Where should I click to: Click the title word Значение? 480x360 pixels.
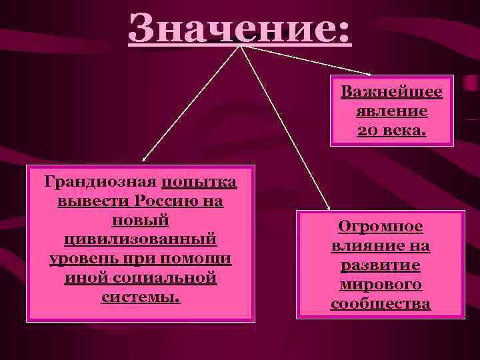[x=239, y=28]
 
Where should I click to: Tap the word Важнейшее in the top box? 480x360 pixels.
[x=391, y=92]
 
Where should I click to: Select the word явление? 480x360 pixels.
[x=391, y=111]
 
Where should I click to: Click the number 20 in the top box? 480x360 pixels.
[x=369, y=130]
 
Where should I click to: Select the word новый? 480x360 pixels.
[x=140, y=220]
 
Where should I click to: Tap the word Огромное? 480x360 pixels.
[x=380, y=227]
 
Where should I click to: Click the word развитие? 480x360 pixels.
[x=380, y=265]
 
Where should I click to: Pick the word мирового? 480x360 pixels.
[x=380, y=285]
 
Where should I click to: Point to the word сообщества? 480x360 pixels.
[x=380, y=304]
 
